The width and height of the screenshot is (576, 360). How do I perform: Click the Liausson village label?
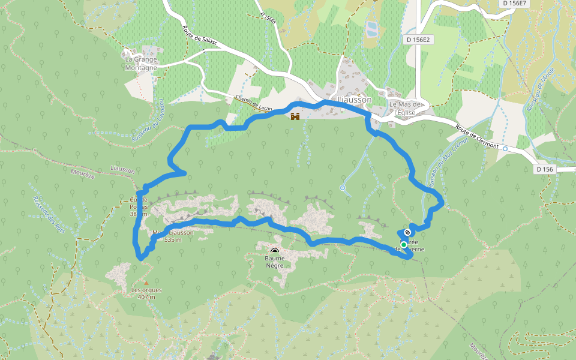point(355,100)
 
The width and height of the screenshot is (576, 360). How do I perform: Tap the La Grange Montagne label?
point(141,64)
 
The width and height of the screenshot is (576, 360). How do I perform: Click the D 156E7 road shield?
point(514,3)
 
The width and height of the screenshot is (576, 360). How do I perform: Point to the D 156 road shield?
point(545,169)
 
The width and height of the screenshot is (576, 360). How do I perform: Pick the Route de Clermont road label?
point(478,137)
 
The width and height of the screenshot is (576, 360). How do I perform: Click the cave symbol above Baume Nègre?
point(275,252)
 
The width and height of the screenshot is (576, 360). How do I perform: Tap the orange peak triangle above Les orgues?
point(145,282)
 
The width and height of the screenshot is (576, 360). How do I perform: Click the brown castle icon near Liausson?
point(295,116)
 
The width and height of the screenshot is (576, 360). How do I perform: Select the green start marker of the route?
point(404,245)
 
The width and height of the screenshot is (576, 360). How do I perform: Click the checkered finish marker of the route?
point(408,232)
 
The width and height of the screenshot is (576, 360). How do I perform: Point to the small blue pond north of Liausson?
point(371,27)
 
